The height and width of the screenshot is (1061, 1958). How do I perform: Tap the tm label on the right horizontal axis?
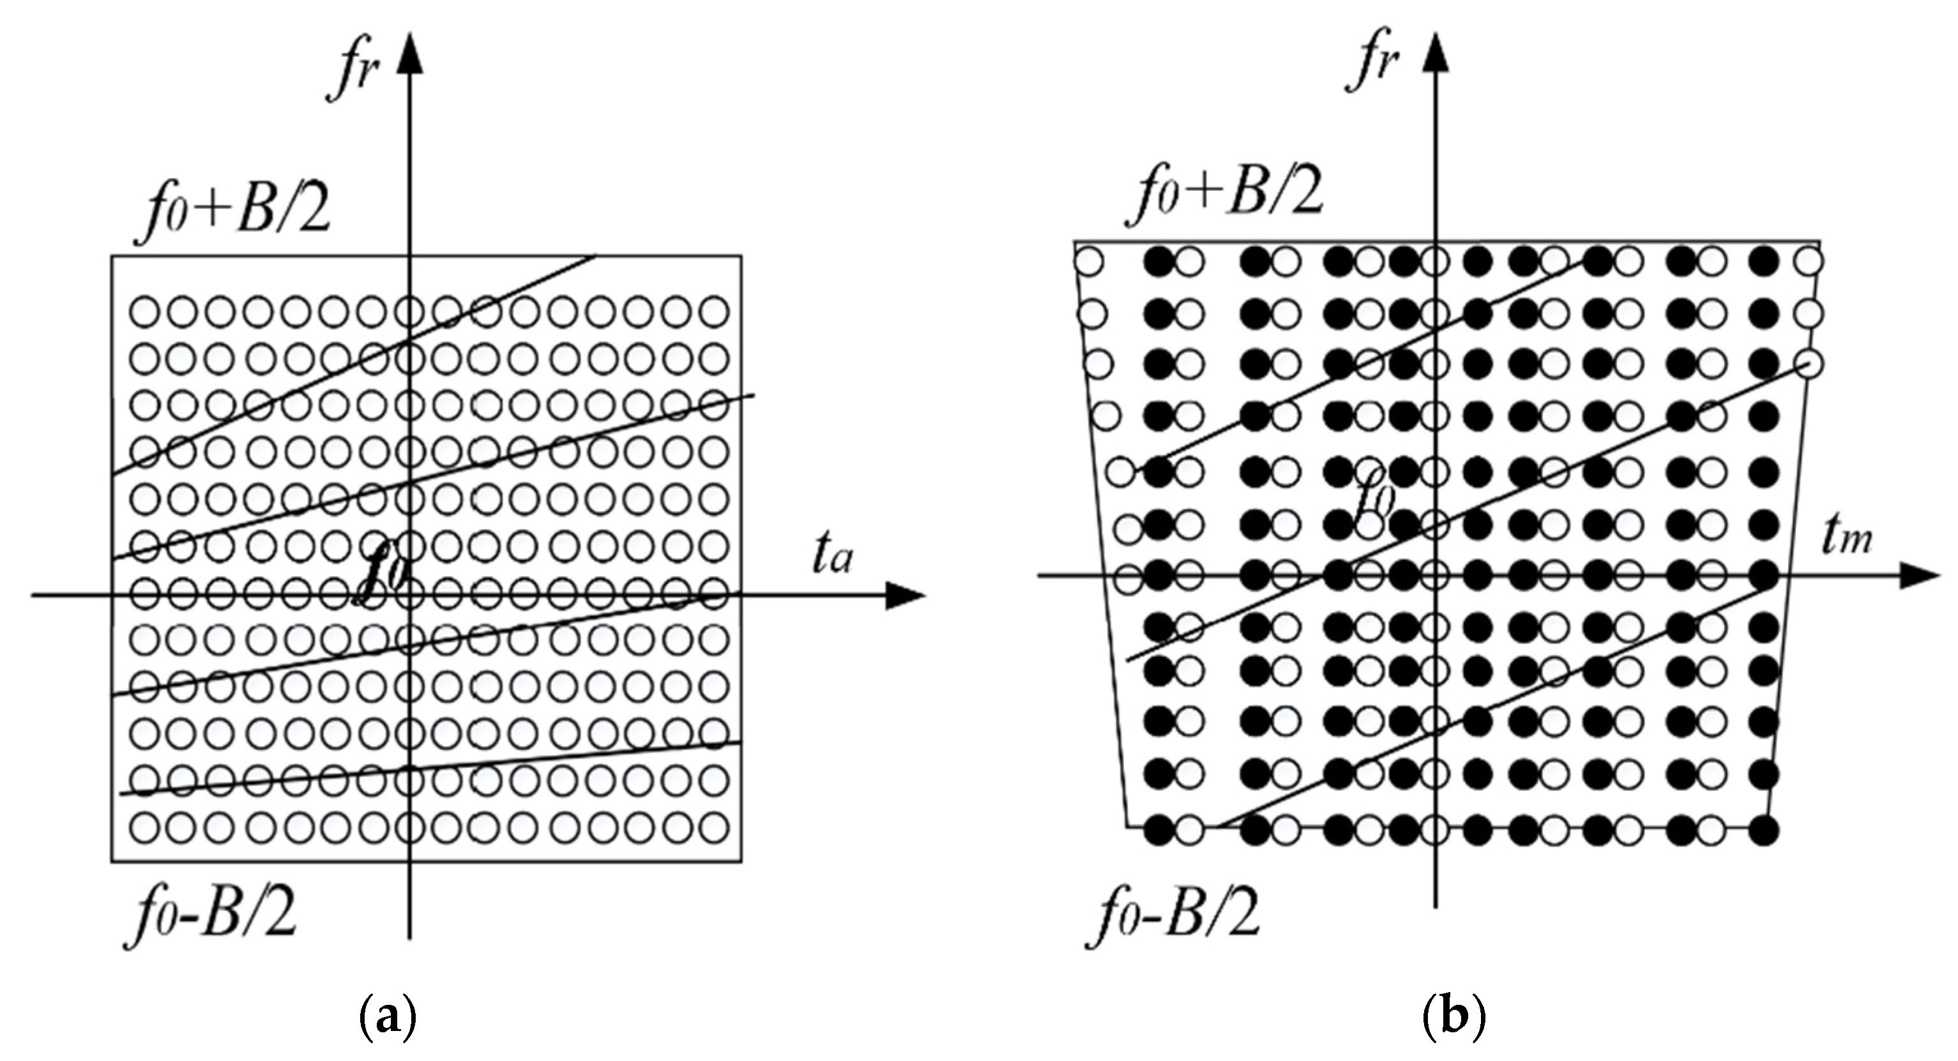[1846, 538]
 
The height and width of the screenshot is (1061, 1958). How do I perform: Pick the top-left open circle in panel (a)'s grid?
[144, 311]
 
